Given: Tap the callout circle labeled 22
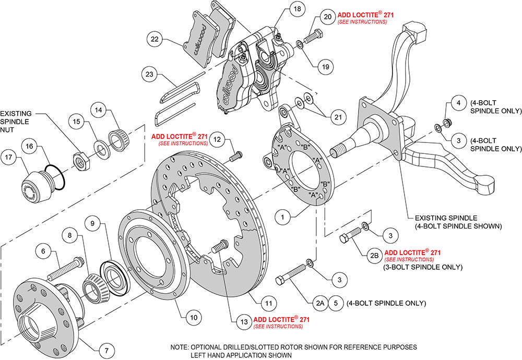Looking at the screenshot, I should tap(155, 40).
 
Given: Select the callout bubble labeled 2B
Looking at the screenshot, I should tap(374, 255).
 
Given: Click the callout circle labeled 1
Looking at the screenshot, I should tap(283, 214).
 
